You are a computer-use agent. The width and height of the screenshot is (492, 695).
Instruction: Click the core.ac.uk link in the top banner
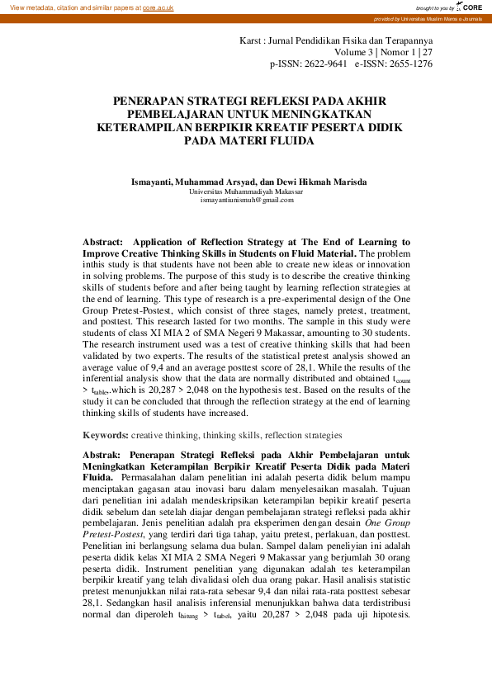click(158, 7)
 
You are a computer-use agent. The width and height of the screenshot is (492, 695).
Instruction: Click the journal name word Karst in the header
click(252, 40)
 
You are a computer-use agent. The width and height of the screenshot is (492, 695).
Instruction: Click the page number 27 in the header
click(427, 51)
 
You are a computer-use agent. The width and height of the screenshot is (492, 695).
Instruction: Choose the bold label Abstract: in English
click(103, 242)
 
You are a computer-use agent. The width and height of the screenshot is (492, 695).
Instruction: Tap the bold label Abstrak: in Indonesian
click(102, 454)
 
